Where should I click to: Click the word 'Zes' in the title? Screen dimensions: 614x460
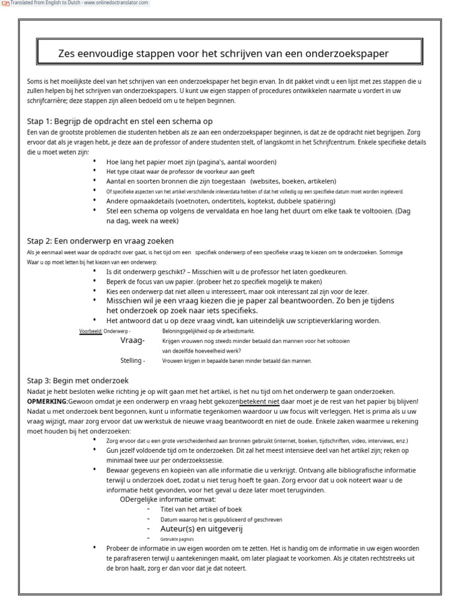pyautogui.click(x=67, y=54)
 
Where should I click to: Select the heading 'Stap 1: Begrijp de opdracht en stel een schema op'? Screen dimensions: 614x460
pyautogui.click(x=120, y=121)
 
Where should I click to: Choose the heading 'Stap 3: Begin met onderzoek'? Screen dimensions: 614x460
pyautogui.click(x=78, y=381)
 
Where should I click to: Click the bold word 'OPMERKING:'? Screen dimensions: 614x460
pyautogui.click(x=47, y=401)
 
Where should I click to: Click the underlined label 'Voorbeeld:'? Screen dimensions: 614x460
pyautogui.click(x=90, y=331)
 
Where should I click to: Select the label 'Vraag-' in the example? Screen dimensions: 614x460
pyautogui.click(x=132, y=340)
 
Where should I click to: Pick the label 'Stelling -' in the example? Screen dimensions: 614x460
pyautogui.click(x=132, y=361)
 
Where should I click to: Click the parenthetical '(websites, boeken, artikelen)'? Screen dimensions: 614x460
pyautogui.click(x=293, y=181)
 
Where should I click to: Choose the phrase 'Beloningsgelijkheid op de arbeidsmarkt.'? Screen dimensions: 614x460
pyautogui.click(x=208, y=331)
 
